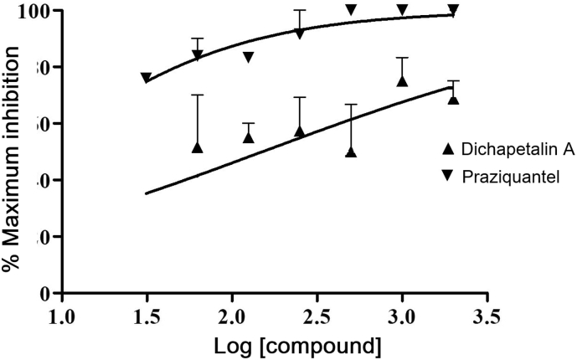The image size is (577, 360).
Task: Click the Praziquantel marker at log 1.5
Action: click(x=147, y=78)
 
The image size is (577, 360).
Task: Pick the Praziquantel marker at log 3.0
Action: click(x=402, y=9)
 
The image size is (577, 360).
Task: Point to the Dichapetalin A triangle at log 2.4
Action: click(x=300, y=131)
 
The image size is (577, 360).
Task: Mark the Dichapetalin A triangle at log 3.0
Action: click(x=402, y=80)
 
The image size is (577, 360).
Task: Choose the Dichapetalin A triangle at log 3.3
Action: click(x=453, y=99)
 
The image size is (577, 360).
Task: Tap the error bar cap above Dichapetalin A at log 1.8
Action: click(x=198, y=95)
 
